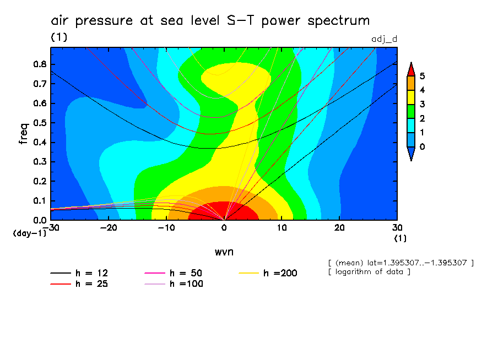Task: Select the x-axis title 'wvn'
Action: tap(224, 252)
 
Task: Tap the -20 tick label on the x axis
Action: tap(109, 227)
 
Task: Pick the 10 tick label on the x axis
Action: tap(282, 227)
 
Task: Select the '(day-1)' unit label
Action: tap(29, 233)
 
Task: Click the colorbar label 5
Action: tap(422, 76)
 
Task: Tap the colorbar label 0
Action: tap(422, 146)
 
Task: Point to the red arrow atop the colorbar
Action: tap(410, 68)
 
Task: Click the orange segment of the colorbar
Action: tap(410, 82)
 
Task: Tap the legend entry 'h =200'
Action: tap(280, 273)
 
